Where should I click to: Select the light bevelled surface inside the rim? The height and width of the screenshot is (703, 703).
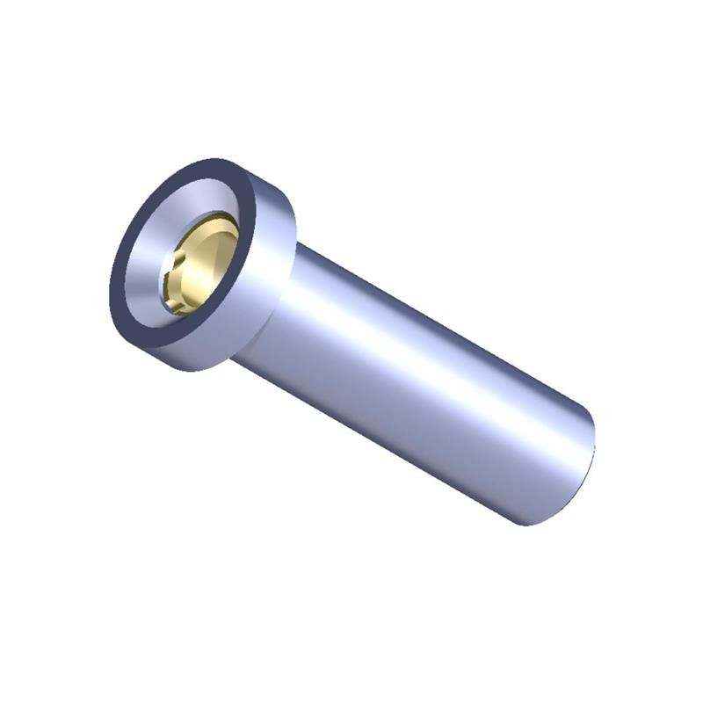click(x=145, y=264)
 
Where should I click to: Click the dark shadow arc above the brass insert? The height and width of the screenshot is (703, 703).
click(x=215, y=217)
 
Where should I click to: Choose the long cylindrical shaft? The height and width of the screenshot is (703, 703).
click(x=422, y=387)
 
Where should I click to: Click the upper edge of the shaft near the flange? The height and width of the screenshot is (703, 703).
click(x=334, y=264)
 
